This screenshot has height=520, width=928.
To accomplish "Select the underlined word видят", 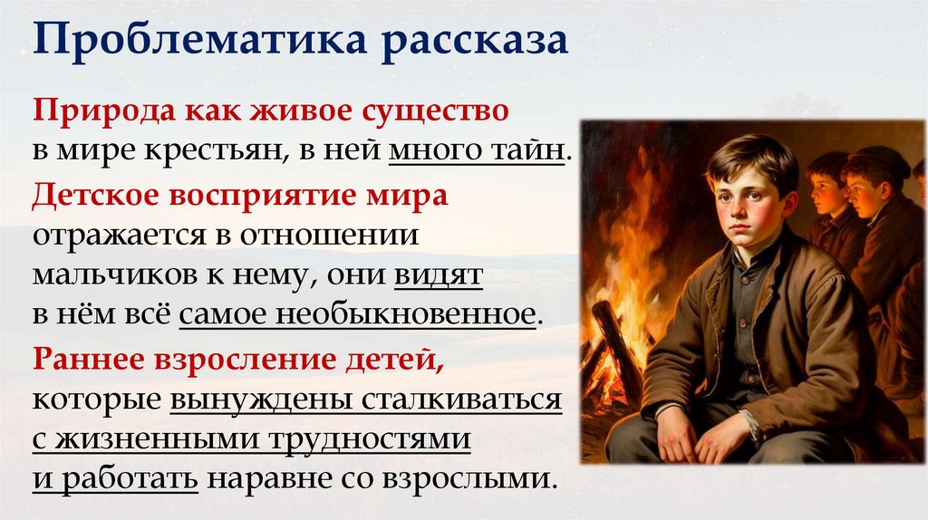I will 438,274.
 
